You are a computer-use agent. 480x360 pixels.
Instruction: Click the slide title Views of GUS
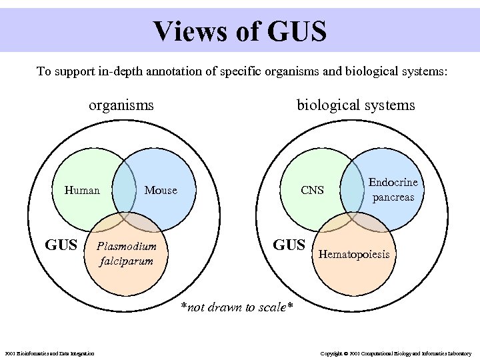(239, 31)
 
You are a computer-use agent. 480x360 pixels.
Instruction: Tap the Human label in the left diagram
(82, 191)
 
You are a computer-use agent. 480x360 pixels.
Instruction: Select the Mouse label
(161, 191)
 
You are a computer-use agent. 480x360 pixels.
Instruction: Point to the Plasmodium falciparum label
(126, 253)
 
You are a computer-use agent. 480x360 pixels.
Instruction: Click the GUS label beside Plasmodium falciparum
(61, 245)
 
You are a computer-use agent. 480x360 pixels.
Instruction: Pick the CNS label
(312, 191)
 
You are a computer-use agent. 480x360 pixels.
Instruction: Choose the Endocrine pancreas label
(393, 189)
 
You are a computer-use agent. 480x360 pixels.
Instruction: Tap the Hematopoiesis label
(358, 254)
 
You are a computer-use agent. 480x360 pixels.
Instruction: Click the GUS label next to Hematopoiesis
(289, 245)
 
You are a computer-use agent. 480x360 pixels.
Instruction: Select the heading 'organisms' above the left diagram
(121, 105)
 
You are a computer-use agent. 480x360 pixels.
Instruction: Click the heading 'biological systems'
(355, 105)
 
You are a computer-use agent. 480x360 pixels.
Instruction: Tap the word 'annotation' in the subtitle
(197, 71)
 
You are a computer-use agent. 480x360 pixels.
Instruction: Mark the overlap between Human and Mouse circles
(121, 187)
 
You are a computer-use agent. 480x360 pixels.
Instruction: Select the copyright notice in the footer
(396, 353)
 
